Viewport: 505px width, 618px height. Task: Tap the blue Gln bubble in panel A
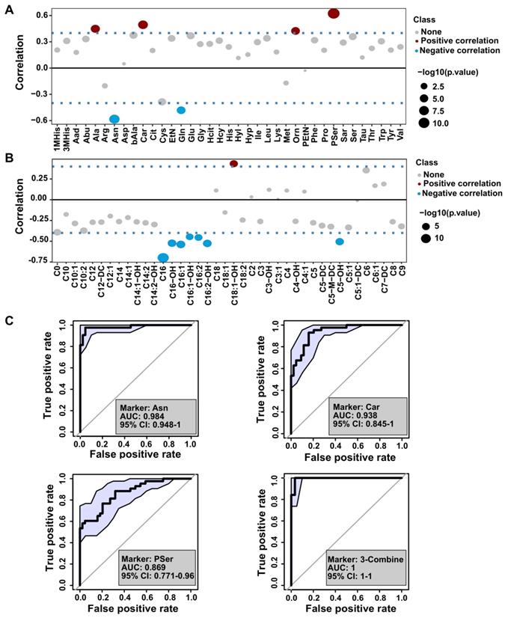click(181, 110)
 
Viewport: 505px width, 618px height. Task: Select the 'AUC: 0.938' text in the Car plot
click(355, 416)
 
